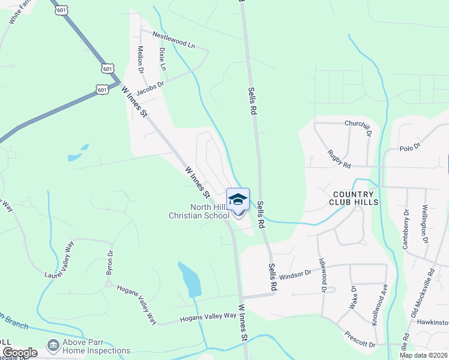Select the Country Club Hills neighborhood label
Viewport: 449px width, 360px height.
click(354, 198)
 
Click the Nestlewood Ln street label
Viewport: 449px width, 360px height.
click(174, 40)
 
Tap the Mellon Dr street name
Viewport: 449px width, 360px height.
click(141, 60)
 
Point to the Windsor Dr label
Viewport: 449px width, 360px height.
click(295, 274)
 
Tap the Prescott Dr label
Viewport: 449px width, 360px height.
click(360, 340)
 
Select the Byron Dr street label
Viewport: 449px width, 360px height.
click(110, 263)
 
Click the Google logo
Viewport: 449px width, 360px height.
click(20, 353)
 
